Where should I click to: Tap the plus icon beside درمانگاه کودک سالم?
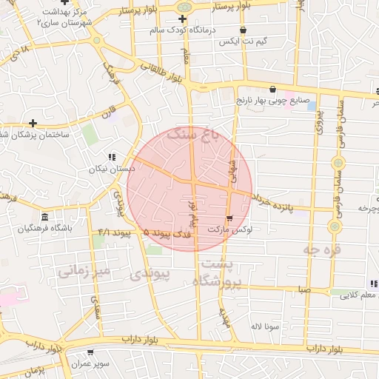(x=182, y=19)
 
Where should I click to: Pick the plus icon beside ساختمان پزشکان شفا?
(x=33, y=123)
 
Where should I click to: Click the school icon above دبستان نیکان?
(x=113, y=157)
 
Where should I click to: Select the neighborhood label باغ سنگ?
(x=195, y=133)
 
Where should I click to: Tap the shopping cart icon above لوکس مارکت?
(x=229, y=218)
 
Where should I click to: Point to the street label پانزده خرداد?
(x=272, y=203)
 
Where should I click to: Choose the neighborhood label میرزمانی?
(x=84, y=272)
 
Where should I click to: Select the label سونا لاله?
(x=264, y=326)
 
